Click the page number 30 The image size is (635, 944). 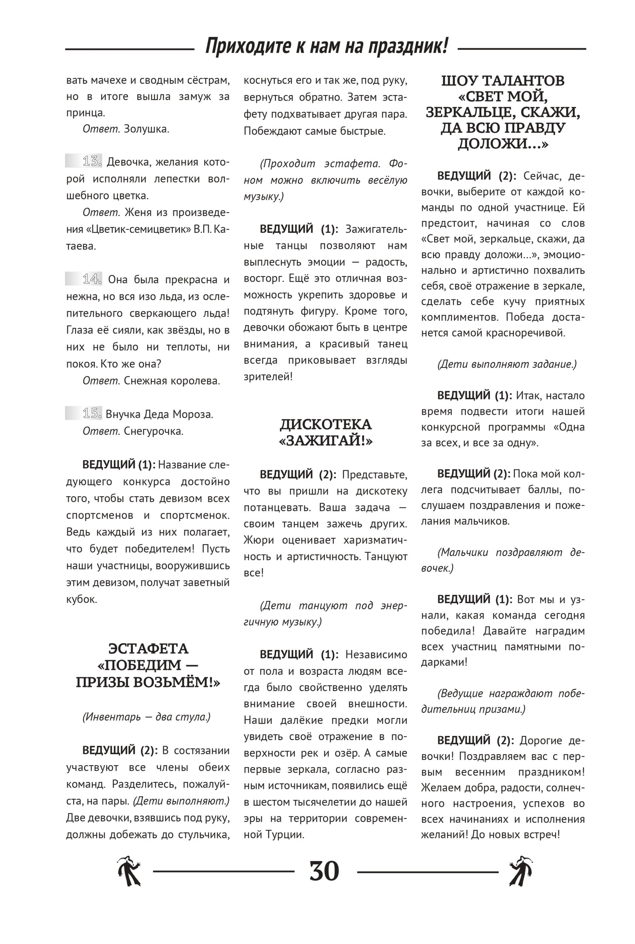click(x=324, y=871)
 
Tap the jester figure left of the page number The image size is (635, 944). click(x=129, y=871)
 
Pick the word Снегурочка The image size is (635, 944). click(x=153, y=431)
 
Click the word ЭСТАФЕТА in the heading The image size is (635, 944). click(x=148, y=649)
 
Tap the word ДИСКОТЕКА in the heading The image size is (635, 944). click(x=325, y=424)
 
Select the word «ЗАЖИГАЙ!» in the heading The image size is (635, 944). click(x=325, y=441)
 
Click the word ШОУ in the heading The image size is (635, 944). click(x=458, y=81)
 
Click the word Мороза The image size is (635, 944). click(x=193, y=414)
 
